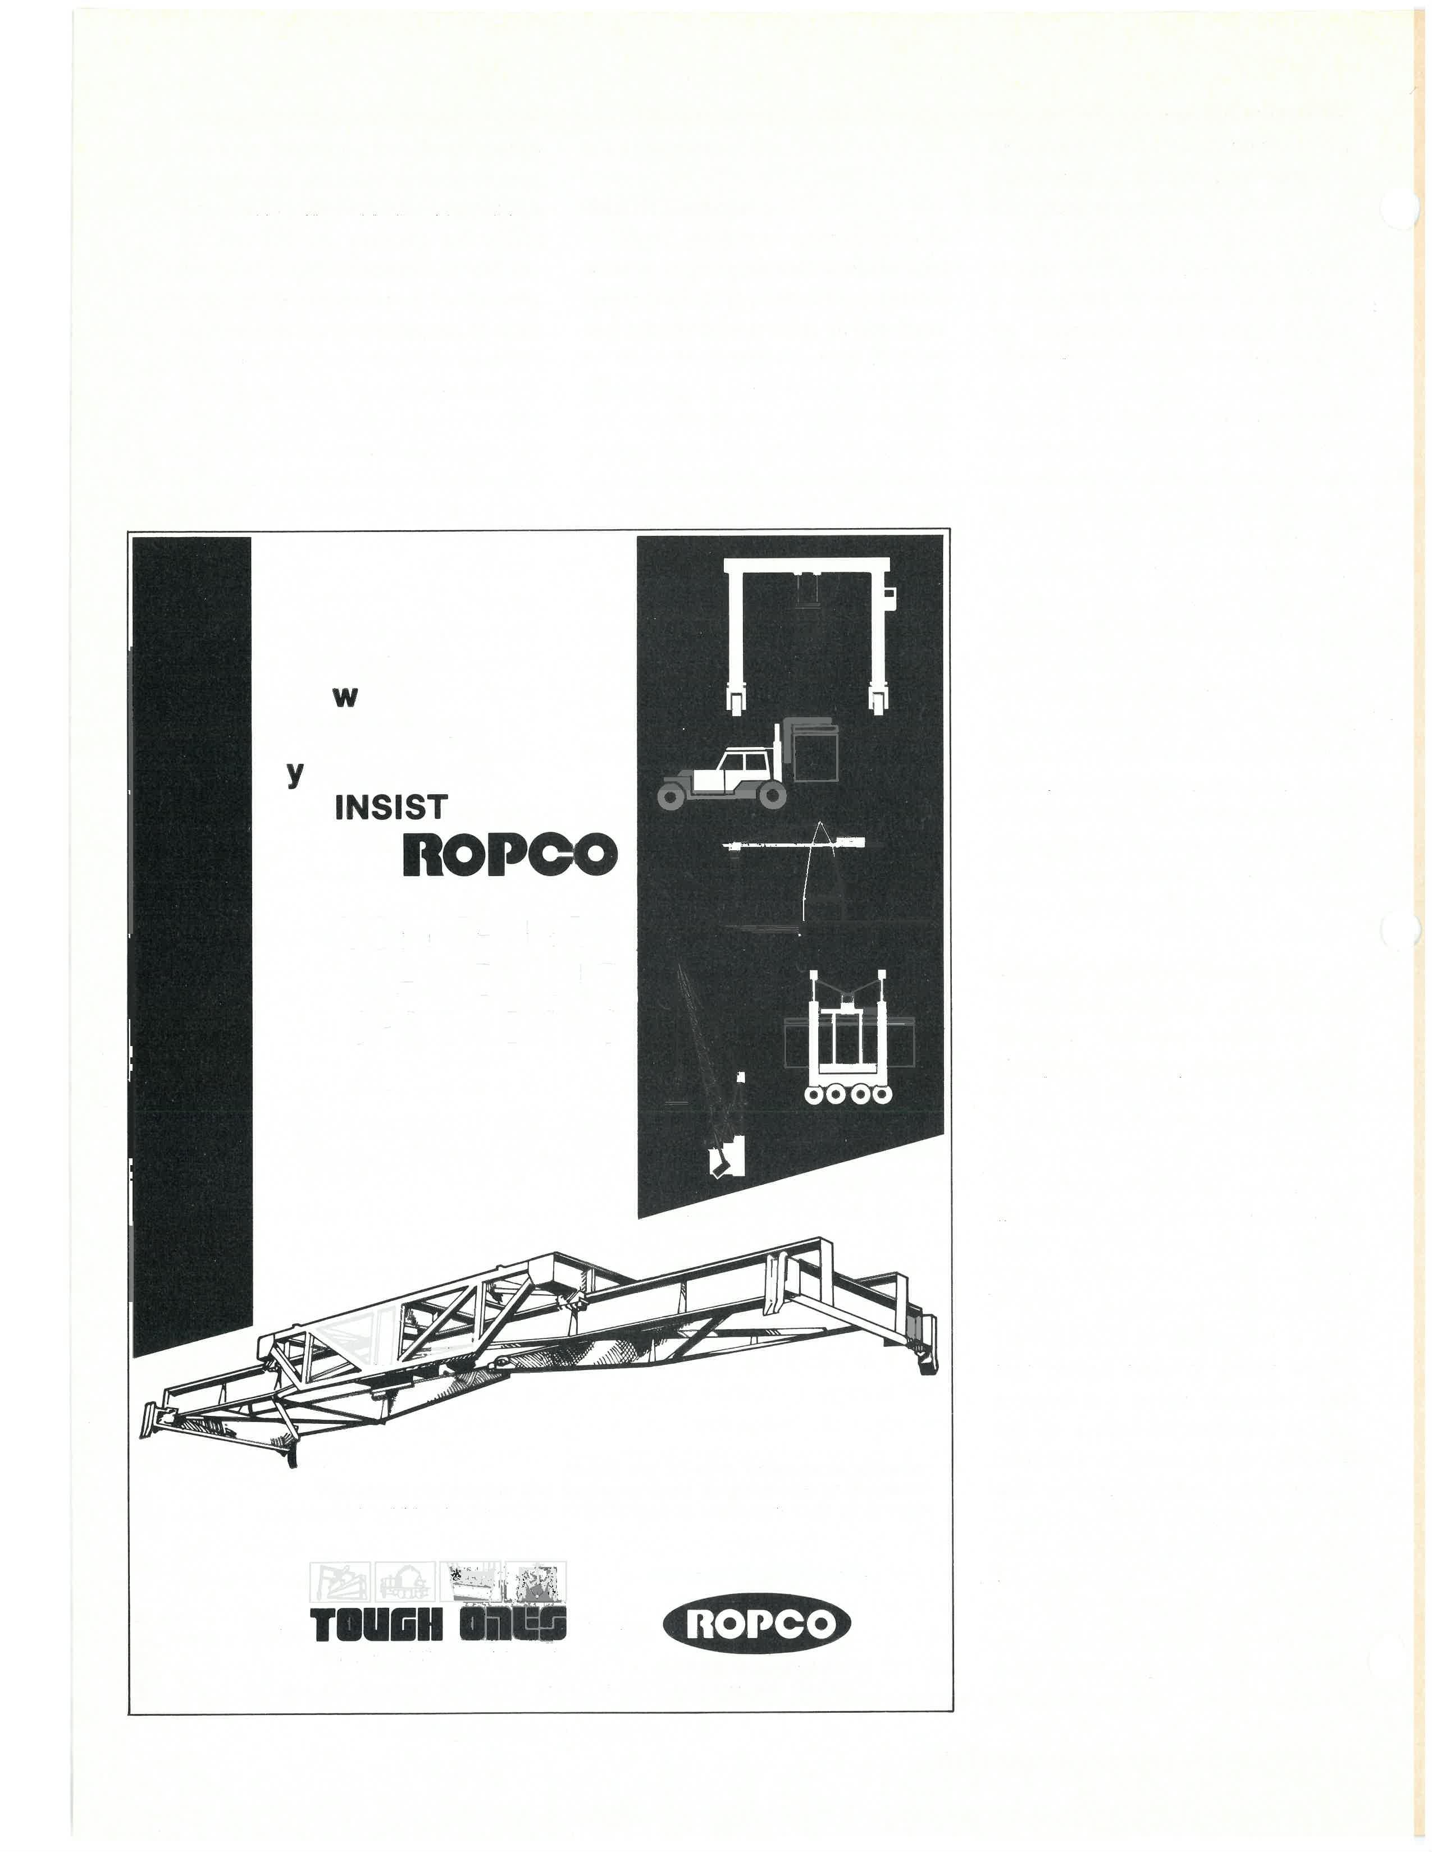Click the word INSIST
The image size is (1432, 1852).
click(390, 807)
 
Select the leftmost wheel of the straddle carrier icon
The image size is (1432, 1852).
click(816, 1094)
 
